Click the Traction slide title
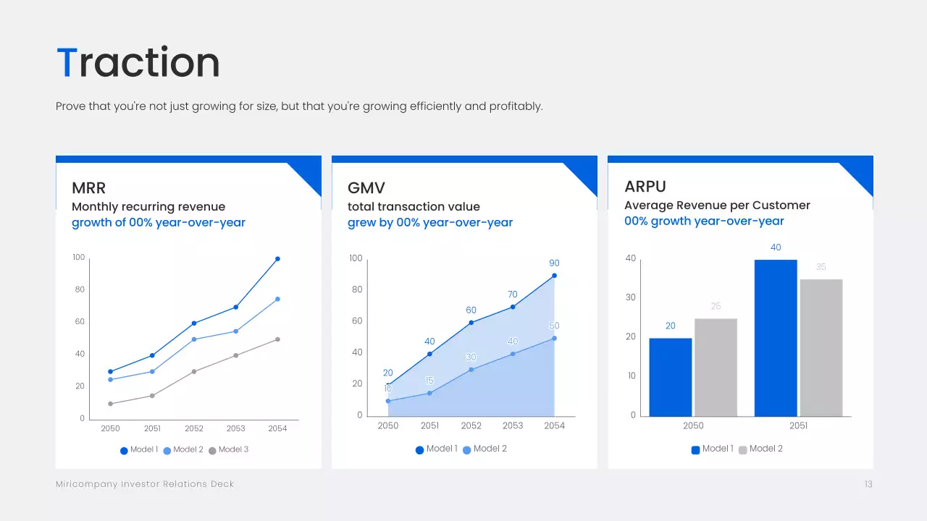138,62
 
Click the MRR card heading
89,188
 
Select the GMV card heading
366,188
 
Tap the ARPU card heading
645,187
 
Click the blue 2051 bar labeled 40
776,338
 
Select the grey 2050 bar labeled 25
716,368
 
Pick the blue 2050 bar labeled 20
670,377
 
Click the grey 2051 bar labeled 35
821,348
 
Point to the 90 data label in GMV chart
554,263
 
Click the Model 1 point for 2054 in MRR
277,259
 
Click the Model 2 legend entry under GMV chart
485,449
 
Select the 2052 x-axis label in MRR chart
194,428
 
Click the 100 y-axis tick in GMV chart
356,258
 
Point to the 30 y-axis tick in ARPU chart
630,297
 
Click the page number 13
868,484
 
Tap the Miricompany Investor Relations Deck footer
145,484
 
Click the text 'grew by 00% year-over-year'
429,223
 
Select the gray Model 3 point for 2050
111,404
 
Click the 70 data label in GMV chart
513,295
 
